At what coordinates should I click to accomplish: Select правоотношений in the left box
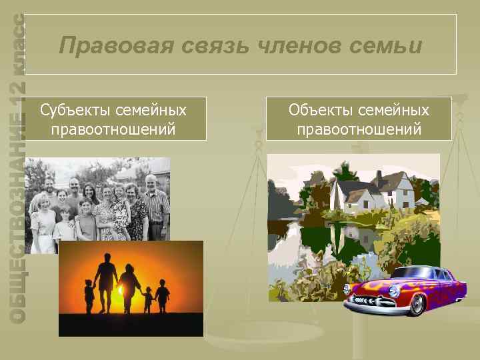pos(113,128)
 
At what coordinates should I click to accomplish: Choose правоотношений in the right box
pos(359,128)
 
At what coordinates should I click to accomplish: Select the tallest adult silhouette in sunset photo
pos(105,280)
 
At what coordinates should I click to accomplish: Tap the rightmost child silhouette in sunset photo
pos(162,299)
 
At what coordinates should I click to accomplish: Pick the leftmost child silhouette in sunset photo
pos(89,295)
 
